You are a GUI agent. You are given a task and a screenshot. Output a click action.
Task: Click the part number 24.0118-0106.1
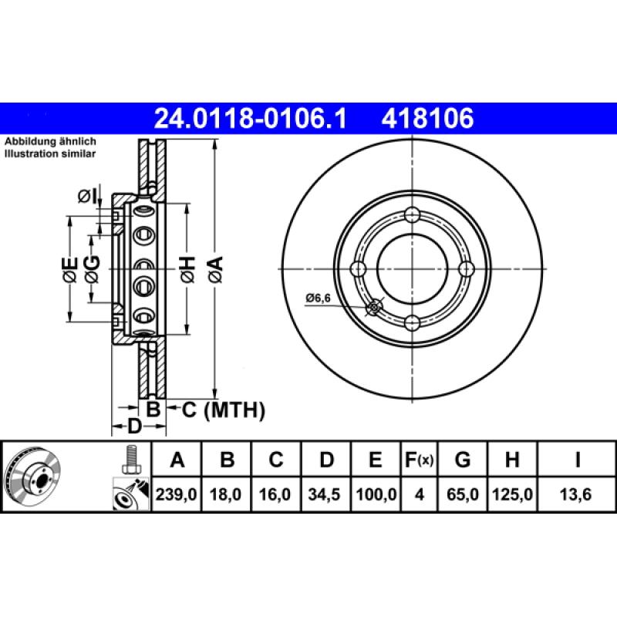click(251, 119)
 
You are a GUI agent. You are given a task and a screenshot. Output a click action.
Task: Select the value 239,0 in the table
click(178, 494)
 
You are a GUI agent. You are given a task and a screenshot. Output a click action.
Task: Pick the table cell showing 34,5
click(326, 494)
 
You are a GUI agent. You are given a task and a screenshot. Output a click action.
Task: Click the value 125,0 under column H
click(511, 494)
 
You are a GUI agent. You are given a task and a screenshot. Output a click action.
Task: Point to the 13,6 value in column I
click(577, 494)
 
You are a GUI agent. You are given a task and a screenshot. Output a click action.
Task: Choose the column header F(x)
click(420, 460)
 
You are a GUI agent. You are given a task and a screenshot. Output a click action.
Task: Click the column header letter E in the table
click(375, 460)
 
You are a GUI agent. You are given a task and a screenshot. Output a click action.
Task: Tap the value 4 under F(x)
click(420, 494)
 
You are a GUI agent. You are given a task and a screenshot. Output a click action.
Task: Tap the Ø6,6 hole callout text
click(318, 297)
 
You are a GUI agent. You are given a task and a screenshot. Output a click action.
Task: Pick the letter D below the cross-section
click(133, 427)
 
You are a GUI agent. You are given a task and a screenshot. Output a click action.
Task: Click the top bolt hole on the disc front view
click(412, 215)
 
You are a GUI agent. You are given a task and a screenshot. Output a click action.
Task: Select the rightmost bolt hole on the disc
click(465, 268)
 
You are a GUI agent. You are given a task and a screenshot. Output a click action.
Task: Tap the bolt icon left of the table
click(130, 460)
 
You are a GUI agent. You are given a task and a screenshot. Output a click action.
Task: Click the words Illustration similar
click(51, 154)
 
